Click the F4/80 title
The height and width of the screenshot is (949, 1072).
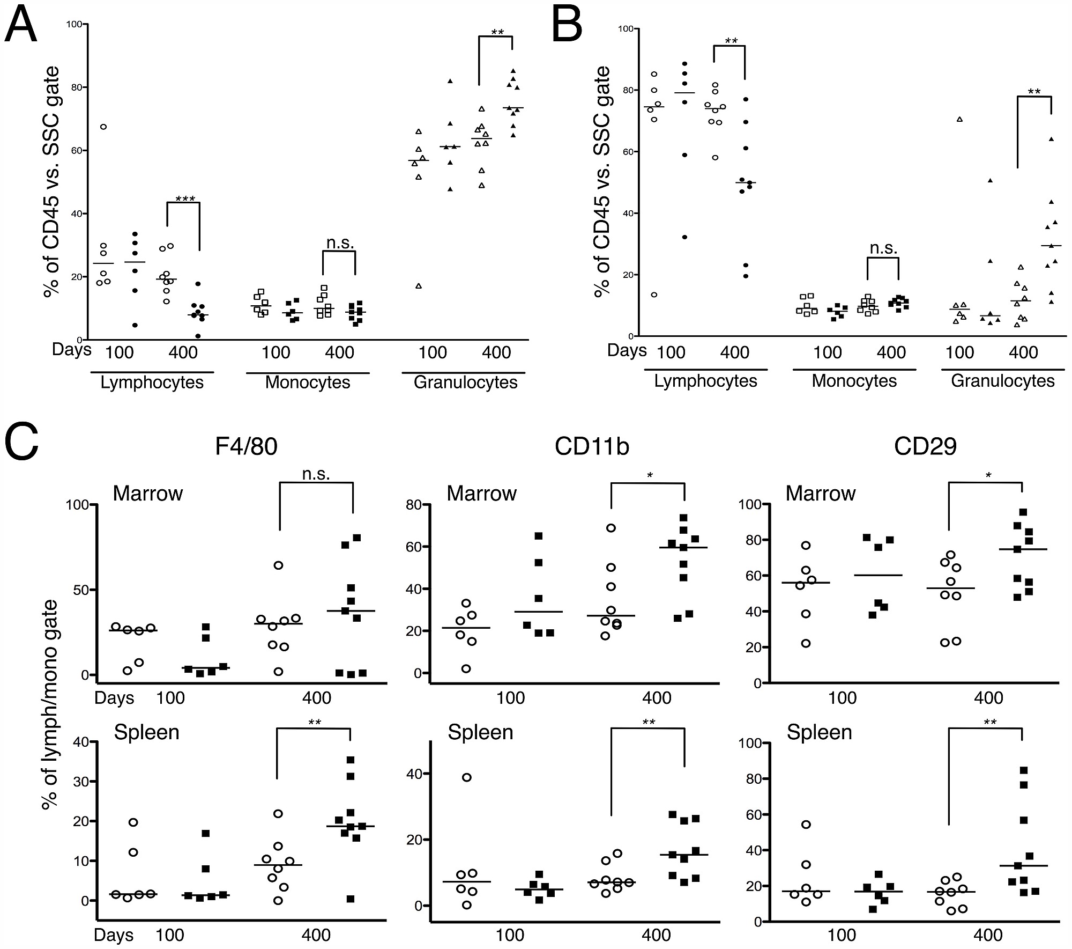click(246, 446)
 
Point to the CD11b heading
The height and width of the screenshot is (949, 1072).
click(592, 446)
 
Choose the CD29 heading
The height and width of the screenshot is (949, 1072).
click(925, 446)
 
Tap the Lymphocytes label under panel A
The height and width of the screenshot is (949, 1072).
click(152, 382)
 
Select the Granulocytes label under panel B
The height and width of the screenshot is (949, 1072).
click(1002, 381)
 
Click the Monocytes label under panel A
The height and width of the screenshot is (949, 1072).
click(308, 382)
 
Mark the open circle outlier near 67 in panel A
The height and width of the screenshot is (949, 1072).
click(103, 127)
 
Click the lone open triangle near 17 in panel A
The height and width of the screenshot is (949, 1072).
click(419, 286)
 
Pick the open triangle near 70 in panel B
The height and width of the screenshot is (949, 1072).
click(959, 119)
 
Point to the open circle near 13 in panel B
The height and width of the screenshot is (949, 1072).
click(654, 295)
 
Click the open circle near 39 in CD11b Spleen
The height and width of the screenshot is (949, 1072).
click(466, 777)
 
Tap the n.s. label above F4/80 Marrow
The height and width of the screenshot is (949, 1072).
click(316, 474)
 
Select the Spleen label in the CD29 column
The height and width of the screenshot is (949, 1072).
click(819, 732)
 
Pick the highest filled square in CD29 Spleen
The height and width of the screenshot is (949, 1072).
click(1023, 770)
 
